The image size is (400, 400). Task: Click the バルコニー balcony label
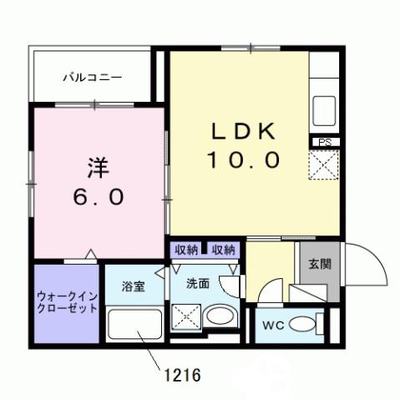click(94, 77)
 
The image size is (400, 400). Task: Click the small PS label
click(323, 142)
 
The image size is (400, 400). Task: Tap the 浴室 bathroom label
click(134, 286)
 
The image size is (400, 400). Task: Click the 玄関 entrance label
click(319, 265)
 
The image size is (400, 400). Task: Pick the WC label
click(275, 324)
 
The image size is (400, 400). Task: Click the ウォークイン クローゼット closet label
click(67, 301)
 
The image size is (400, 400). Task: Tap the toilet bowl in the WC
click(310, 323)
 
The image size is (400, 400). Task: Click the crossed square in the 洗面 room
click(185, 318)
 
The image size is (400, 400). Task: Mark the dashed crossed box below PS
click(323, 165)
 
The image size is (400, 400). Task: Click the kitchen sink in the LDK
click(323, 109)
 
